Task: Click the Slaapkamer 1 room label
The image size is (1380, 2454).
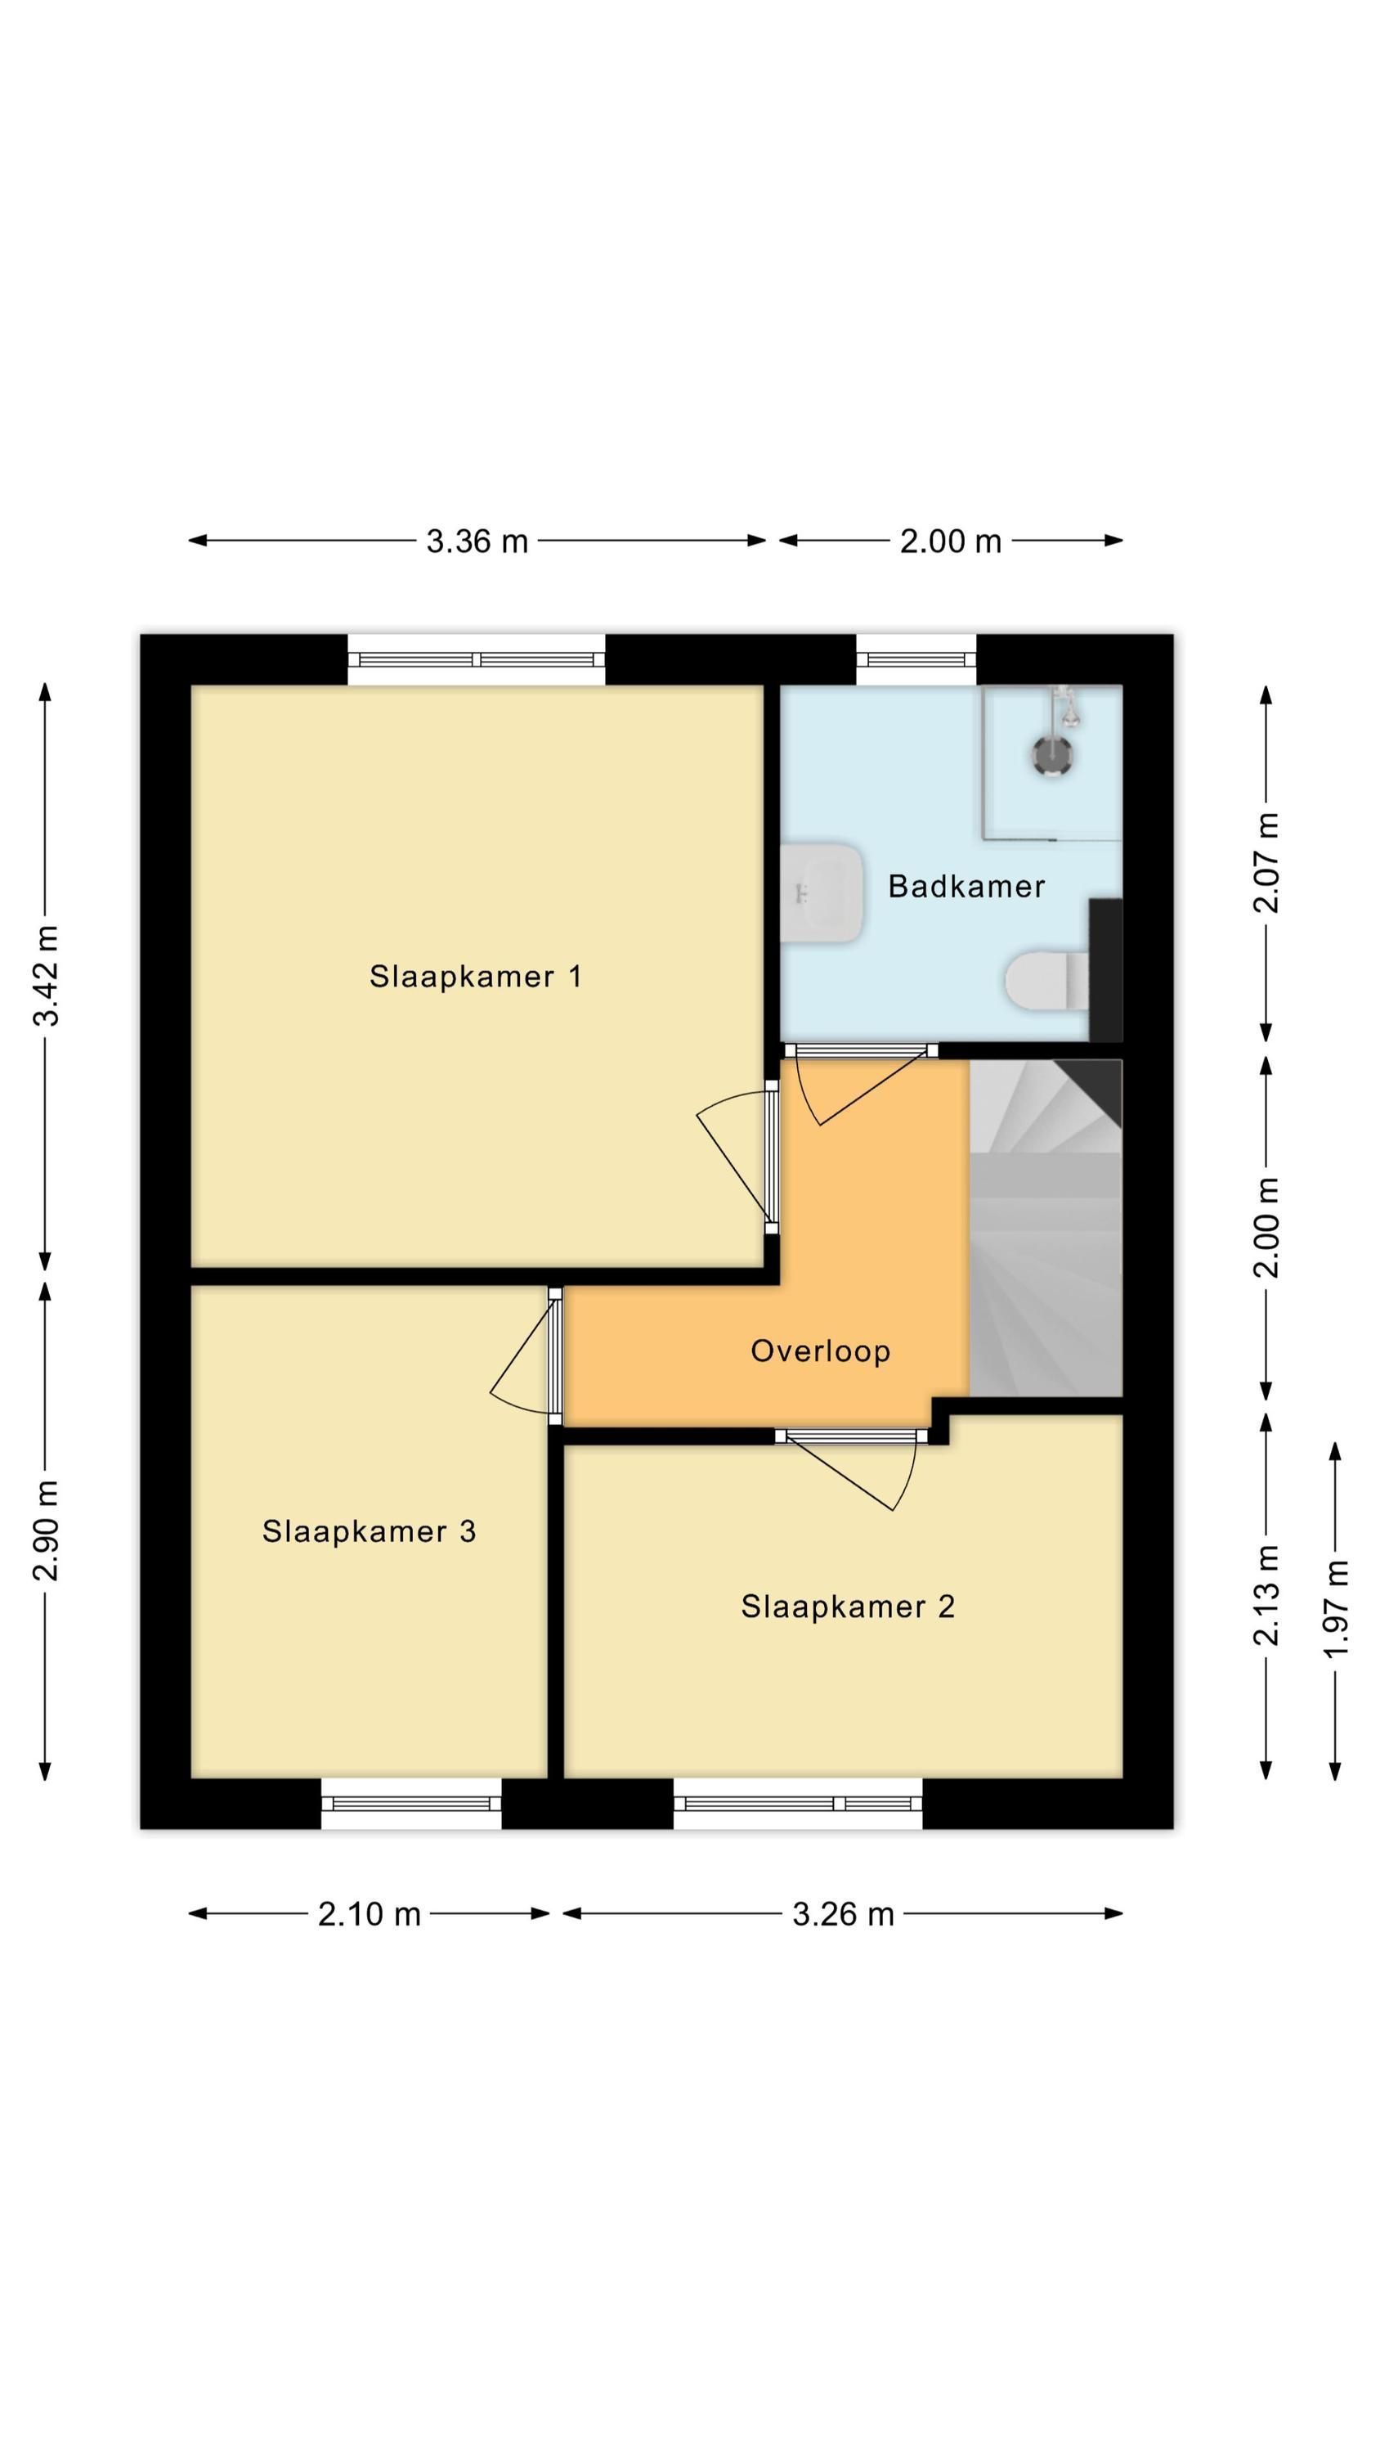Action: coord(475,977)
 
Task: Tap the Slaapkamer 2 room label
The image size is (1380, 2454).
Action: coord(848,1607)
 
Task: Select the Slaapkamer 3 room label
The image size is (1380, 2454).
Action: coord(369,1531)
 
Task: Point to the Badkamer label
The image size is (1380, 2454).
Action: coord(966,886)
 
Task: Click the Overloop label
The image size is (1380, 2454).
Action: coord(820,1351)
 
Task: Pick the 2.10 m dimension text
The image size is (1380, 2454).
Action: coord(369,1914)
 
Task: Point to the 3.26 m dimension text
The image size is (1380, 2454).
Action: coord(843,1914)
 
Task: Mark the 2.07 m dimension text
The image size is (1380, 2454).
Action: coord(1266,863)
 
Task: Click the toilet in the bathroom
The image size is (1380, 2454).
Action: coord(1047,979)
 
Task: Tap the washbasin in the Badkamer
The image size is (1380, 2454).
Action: coord(821,892)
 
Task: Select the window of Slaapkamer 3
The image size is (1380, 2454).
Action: coord(411,1804)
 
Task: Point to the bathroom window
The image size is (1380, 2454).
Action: coord(916,659)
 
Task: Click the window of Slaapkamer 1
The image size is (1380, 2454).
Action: coord(476,659)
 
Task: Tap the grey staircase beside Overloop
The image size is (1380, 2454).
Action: coord(1046,1228)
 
